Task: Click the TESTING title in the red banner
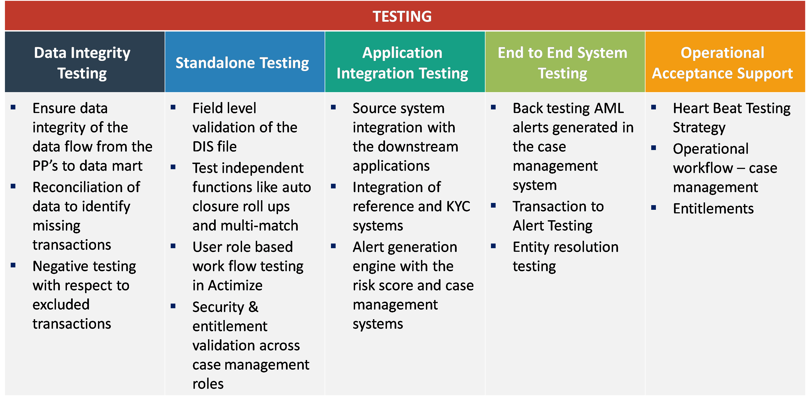coord(402,16)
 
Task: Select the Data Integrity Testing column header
coord(82,63)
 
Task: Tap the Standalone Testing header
coord(242,63)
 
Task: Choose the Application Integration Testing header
coord(402,63)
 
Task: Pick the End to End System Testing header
coord(562,63)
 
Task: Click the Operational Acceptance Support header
coord(723,63)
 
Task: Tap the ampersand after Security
coord(253,307)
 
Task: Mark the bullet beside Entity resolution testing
coord(493,246)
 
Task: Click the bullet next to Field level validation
coord(173,107)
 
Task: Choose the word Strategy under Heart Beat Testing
coord(699,128)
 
